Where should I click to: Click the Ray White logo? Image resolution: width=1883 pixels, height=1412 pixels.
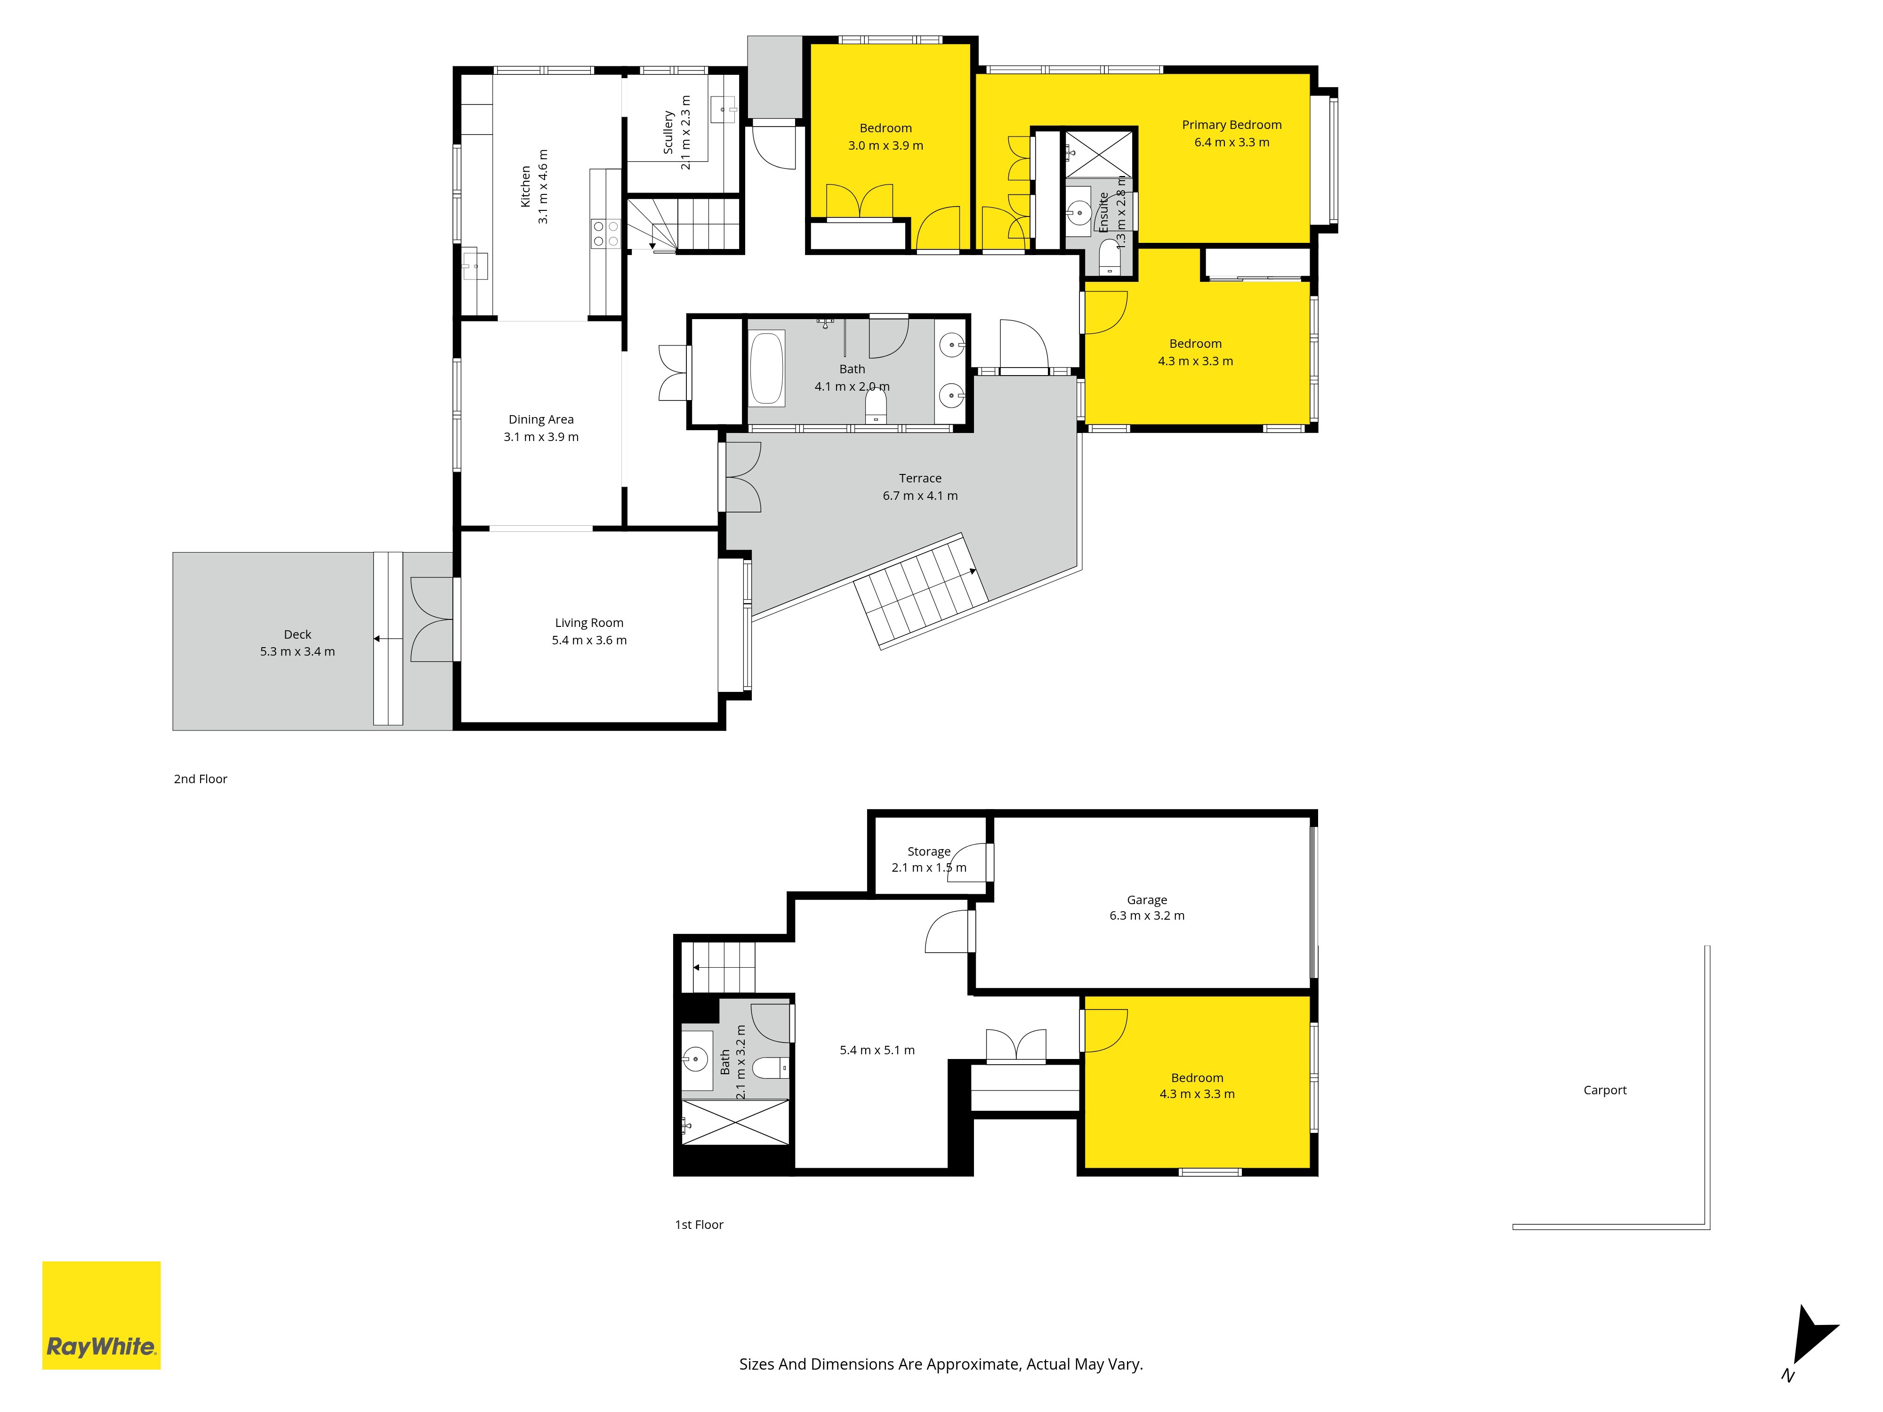point(101,1315)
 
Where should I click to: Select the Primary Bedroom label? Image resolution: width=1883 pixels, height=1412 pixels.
point(1231,125)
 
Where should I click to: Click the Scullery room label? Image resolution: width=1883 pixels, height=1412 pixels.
point(668,132)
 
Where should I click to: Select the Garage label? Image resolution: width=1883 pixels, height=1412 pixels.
point(1147,899)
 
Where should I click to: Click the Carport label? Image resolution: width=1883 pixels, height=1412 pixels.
point(1605,1090)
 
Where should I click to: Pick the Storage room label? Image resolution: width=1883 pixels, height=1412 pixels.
point(929,851)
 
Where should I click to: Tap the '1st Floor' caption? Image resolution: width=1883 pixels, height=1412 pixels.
point(699,1225)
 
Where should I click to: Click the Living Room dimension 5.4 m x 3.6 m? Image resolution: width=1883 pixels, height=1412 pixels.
point(589,640)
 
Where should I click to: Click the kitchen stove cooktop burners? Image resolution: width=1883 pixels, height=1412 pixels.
point(605,234)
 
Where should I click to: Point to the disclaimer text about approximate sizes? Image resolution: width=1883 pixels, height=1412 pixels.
point(941,1364)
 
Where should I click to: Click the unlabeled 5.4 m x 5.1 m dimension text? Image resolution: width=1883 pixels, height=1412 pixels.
point(877,1050)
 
